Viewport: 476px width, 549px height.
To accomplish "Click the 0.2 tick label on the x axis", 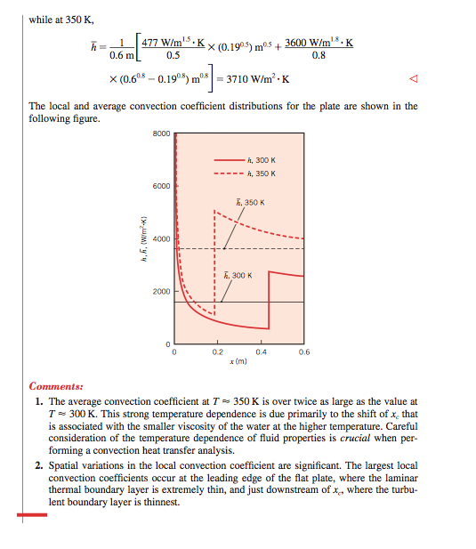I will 218,353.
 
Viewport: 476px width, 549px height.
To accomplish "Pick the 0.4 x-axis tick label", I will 262,353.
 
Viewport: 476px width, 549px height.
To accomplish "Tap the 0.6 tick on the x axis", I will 304,353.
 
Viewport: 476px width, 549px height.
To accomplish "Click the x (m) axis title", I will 239,363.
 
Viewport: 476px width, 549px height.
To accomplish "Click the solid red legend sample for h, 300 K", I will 228,160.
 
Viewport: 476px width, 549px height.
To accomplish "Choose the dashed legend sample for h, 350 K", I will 228,173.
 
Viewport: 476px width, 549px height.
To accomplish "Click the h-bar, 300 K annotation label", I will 239,275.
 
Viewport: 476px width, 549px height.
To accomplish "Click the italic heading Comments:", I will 56,387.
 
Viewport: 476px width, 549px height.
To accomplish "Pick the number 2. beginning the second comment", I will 39,464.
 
